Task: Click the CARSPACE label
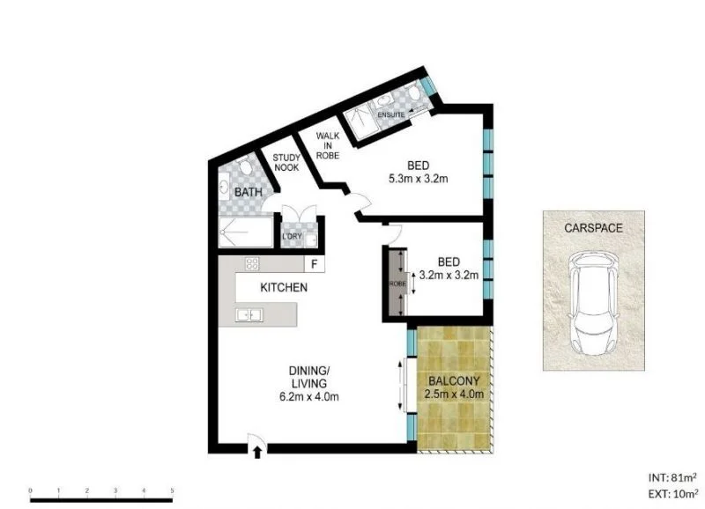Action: pyautogui.click(x=593, y=228)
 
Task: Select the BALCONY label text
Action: pyautogui.click(x=455, y=381)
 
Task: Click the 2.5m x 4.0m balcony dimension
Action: pyautogui.click(x=455, y=395)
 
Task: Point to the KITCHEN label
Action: pyautogui.click(x=283, y=288)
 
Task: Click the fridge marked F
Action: pyautogui.click(x=312, y=264)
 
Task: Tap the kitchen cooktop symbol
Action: pyautogui.click(x=251, y=264)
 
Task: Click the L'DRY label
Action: pyautogui.click(x=292, y=237)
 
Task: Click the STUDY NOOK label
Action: pyautogui.click(x=286, y=162)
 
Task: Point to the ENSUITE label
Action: pyautogui.click(x=390, y=115)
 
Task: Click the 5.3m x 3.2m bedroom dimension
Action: pyautogui.click(x=419, y=180)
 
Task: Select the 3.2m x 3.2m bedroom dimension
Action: pyautogui.click(x=449, y=275)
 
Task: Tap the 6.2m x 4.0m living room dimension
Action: pyautogui.click(x=310, y=396)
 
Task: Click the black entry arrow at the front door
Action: pyautogui.click(x=256, y=454)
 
